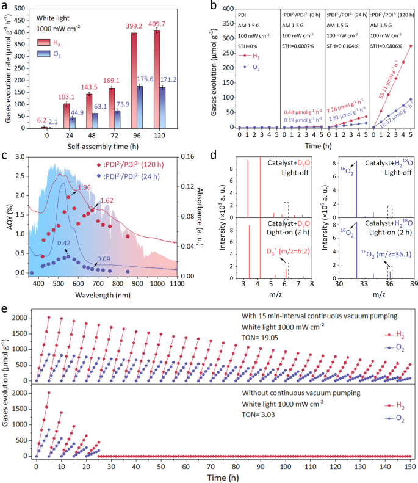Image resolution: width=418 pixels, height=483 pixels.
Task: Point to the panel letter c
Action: coord(5,155)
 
